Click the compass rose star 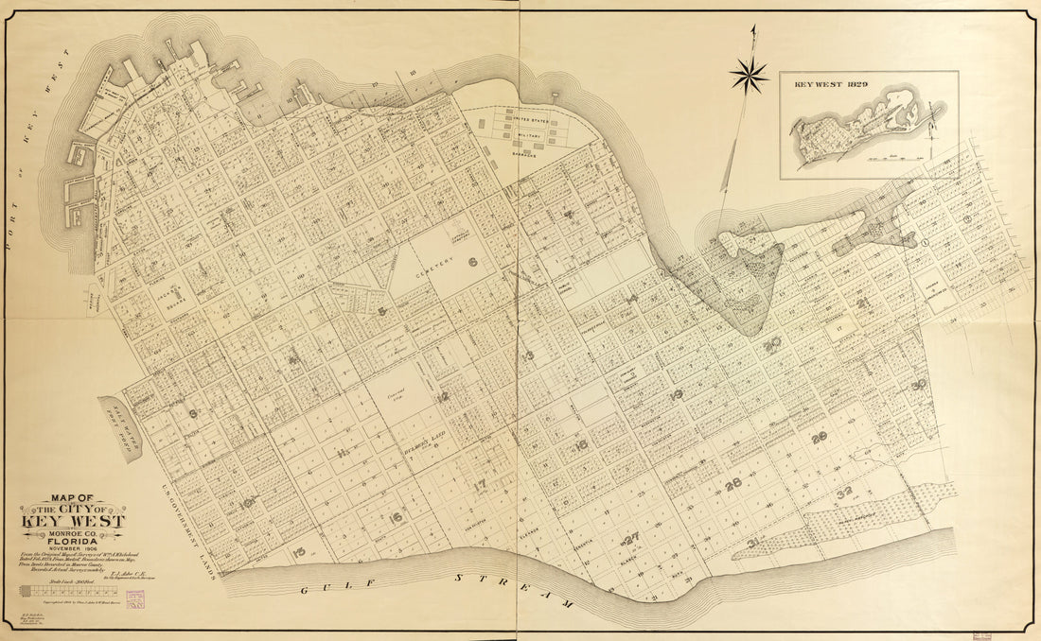[x=750, y=75]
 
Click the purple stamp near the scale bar [x=133, y=598]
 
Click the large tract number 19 [x=676, y=394]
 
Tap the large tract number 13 [x=527, y=355]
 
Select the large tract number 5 [x=381, y=310]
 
